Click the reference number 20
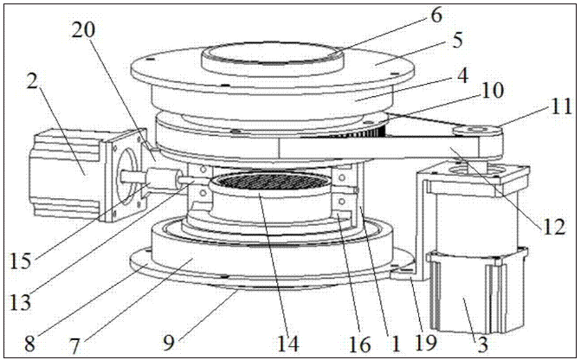click(83, 31)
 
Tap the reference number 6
click(437, 16)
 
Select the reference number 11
click(560, 107)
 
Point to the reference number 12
click(554, 226)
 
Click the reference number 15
click(21, 261)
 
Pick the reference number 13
click(21, 302)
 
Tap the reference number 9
click(169, 343)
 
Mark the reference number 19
click(425, 343)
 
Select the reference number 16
click(359, 344)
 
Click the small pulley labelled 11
click(477, 132)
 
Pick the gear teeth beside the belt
click(373, 132)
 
